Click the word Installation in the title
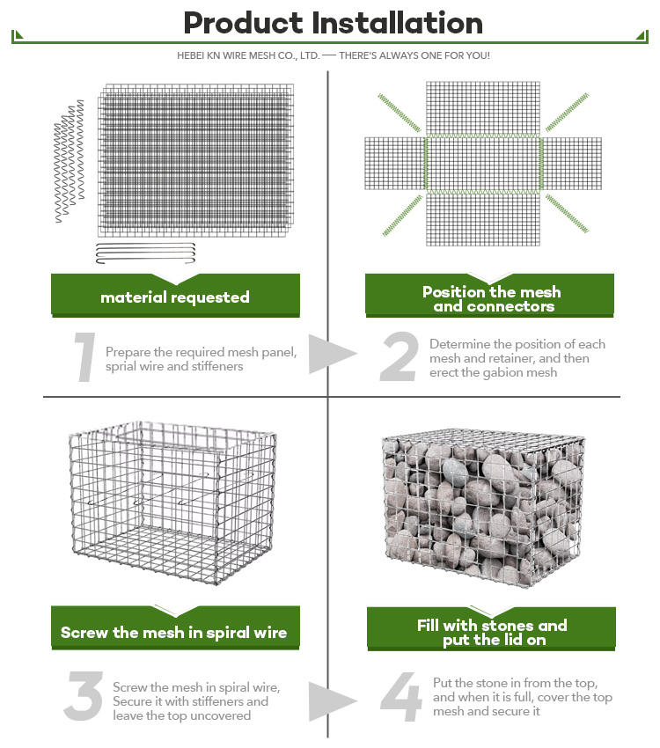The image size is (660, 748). [397, 23]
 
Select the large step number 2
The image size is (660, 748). [400, 356]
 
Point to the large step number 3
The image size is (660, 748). [84, 696]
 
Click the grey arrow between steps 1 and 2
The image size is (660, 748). [333, 354]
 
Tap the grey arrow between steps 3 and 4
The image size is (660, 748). [333, 701]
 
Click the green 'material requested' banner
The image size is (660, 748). [175, 296]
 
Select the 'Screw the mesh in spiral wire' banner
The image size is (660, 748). [175, 627]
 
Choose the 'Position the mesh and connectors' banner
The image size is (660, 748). [489, 296]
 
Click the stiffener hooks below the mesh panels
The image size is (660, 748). [145, 253]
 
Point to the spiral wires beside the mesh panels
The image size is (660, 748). [70, 161]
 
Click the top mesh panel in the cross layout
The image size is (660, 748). [483, 109]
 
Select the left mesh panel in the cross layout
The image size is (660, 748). [395, 164]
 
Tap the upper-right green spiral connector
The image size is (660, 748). [567, 112]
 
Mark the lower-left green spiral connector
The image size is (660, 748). [402, 216]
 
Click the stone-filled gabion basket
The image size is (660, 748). [483, 508]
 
